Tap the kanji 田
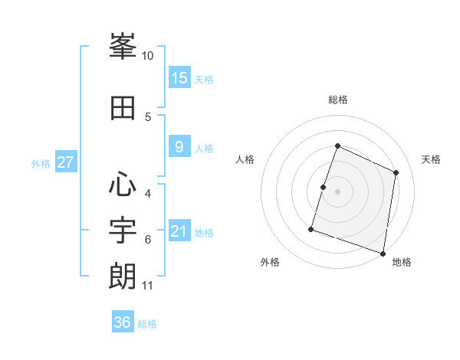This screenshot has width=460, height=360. pos(123,108)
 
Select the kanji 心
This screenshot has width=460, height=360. pos(123,185)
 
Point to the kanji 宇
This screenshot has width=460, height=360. pos(123,230)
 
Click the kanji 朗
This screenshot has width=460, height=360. pos(123,276)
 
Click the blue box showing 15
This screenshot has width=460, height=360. pos(179,77)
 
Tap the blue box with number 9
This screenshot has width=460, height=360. pos(179,147)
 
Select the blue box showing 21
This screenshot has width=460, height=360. pos(179,231)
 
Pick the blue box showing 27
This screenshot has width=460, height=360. pos(65,162)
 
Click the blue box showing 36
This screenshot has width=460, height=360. pos(123,322)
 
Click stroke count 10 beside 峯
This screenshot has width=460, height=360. pos(148,56)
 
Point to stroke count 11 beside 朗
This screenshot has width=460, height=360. pos(148,286)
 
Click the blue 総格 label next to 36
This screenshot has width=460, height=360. pos(147,324)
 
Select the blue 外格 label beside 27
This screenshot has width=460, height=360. pos(41,164)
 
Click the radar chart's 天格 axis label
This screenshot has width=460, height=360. pos(431,159)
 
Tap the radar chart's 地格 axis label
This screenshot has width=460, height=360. pos(402,262)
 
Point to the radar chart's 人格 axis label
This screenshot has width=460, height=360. pos(245,159)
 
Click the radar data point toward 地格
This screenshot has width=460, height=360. pos(383,253)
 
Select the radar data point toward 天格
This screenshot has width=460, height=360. pos(396,172)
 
